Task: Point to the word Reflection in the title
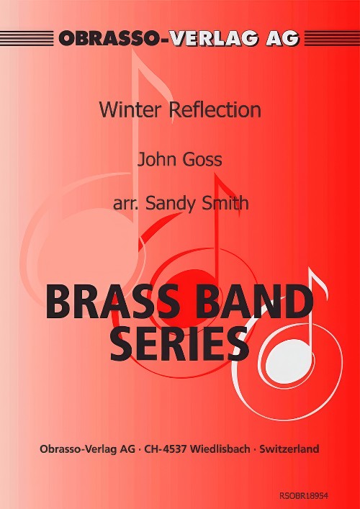[x=215, y=110]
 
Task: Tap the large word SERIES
[x=179, y=343]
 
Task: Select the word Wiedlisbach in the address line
[x=220, y=449]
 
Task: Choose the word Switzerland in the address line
[x=289, y=449]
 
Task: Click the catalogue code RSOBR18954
[x=304, y=496]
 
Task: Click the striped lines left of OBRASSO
[x=27, y=38]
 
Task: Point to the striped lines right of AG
[x=332, y=38]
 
